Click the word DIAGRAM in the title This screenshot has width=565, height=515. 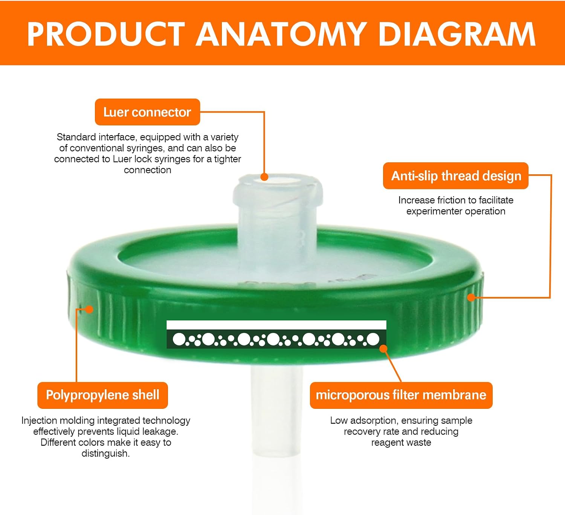tap(457, 34)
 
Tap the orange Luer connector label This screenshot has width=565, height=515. tap(147, 112)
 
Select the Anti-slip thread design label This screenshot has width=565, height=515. tap(456, 176)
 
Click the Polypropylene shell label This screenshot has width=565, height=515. tap(102, 395)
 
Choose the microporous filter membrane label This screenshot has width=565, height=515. tap(401, 395)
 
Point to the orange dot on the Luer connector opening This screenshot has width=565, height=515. tap(264, 177)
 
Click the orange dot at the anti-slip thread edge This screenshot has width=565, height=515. tap(471, 297)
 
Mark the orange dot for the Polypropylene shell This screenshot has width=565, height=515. tap(89, 309)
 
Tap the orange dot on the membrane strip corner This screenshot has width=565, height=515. tap(383, 349)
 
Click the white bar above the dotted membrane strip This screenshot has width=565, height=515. tap(276, 325)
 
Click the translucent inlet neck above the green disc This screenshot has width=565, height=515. tap(278, 214)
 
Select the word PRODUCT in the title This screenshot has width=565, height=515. tap(106, 34)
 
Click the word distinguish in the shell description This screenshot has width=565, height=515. tap(105, 454)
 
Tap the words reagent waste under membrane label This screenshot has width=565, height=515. tap(401, 443)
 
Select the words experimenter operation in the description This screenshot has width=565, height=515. tap(456, 211)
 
